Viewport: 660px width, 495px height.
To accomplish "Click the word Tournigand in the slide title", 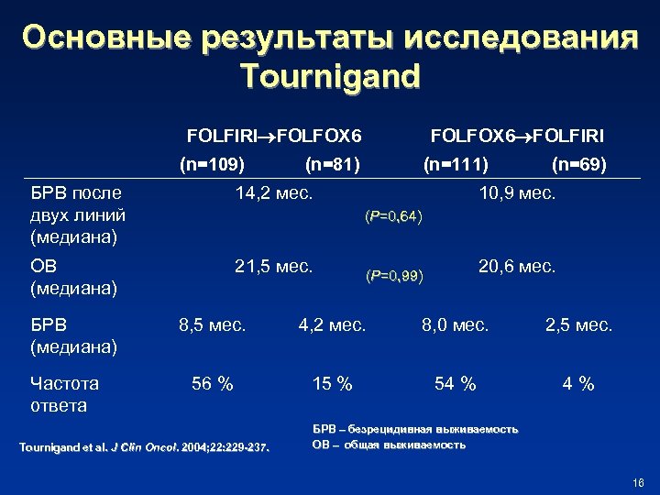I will pyautogui.click(x=330, y=76).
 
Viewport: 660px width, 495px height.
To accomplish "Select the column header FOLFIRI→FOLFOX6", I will pyautogui.click(x=274, y=137).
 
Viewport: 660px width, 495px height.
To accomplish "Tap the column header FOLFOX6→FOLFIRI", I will pyautogui.click(x=517, y=137).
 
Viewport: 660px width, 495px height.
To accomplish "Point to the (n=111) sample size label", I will pyautogui.click(x=456, y=166).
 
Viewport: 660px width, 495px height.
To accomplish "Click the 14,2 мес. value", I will pyautogui.click(x=274, y=193).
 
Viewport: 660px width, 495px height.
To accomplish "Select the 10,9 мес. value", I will pyautogui.click(x=517, y=193).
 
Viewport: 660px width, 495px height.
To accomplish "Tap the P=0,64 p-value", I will pyautogui.click(x=393, y=216).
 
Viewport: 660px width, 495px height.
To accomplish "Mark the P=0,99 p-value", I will pyautogui.click(x=394, y=276).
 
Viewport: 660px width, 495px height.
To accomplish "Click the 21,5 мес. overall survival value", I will pyautogui.click(x=274, y=267).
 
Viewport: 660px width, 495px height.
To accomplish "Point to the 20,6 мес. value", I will pyautogui.click(x=517, y=267).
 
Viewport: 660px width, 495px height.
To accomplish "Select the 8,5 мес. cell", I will pyautogui.click(x=212, y=324).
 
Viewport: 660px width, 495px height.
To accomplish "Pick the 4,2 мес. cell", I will pyautogui.click(x=332, y=324).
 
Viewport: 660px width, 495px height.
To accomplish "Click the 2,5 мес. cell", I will pyautogui.click(x=579, y=324).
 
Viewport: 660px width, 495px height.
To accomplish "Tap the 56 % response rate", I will pyautogui.click(x=212, y=384).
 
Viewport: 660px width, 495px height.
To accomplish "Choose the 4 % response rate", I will pyautogui.click(x=579, y=384).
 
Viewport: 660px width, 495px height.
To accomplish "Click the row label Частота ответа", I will pyautogui.click(x=64, y=394).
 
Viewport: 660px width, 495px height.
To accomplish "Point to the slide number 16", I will pyautogui.click(x=639, y=483).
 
